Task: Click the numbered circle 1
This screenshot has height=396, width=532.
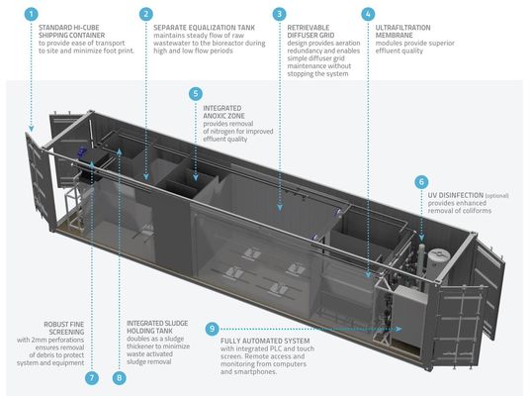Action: click(x=32, y=14)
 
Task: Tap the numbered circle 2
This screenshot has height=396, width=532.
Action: click(x=146, y=14)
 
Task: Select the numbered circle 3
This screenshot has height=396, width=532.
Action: click(x=280, y=14)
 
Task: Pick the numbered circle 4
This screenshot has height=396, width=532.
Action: click(x=368, y=14)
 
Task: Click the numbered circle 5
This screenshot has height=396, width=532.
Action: click(x=196, y=94)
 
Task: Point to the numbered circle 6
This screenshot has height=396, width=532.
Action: click(x=421, y=182)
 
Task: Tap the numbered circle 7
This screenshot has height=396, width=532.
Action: click(x=92, y=378)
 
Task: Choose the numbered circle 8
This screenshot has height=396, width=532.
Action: click(x=120, y=378)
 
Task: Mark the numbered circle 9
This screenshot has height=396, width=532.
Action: click(x=213, y=329)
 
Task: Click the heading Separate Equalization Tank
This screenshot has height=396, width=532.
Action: click(x=204, y=28)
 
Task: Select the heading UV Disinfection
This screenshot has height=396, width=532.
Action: click(x=455, y=195)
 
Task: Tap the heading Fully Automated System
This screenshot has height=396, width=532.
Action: click(x=265, y=341)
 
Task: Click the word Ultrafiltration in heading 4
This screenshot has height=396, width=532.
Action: click(x=402, y=28)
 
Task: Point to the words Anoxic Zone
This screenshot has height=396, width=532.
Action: click(x=223, y=116)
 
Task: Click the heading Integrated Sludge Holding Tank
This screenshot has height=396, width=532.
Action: click(x=157, y=327)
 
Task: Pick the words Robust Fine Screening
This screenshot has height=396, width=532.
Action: click(x=64, y=328)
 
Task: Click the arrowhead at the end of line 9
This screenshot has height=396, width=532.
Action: click(x=399, y=329)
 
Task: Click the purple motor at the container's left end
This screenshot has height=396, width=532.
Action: click(x=82, y=151)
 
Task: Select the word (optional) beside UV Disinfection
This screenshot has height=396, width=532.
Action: click(x=496, y=196)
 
